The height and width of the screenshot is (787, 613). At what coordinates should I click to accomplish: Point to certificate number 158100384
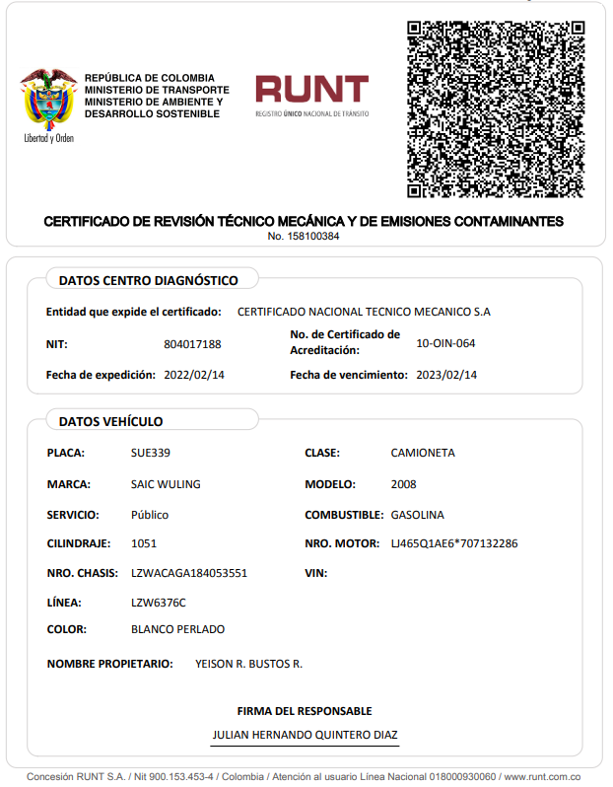304,237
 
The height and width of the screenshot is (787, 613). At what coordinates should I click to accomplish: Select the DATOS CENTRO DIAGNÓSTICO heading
148,280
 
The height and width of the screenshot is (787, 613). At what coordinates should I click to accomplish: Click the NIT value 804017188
192,344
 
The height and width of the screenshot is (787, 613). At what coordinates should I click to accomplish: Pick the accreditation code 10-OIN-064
447,343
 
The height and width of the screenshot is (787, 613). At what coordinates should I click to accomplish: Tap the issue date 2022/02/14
194,375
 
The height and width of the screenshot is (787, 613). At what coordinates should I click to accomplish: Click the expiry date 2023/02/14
446,375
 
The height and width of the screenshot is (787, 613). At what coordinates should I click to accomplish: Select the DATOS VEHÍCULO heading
110,421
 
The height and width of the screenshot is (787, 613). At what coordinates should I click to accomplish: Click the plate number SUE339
150,453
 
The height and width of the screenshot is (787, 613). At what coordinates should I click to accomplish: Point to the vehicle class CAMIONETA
423,453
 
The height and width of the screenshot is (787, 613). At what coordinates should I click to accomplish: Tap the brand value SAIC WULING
166,484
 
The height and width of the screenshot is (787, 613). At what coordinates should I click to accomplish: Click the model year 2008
403,484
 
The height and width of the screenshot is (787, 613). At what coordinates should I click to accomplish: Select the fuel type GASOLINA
417,515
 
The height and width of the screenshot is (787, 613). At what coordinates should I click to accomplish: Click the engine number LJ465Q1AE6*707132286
454,543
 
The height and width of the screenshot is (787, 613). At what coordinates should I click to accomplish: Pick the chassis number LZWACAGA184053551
189,573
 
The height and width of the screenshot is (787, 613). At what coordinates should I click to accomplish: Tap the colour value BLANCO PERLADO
177,629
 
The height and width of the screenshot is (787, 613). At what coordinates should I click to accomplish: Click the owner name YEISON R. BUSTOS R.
249,664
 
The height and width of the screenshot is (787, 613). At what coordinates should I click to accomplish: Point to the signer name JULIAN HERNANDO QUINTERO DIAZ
305,735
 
